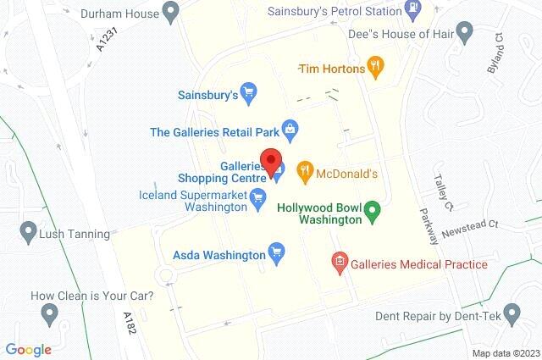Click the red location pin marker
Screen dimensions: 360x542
[x=271, y=162]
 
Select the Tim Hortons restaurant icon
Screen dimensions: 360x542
[x=376, y=67]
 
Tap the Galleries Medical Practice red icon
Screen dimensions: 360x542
[x=340, y=263]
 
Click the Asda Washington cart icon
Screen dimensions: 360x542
[x=275, y=252]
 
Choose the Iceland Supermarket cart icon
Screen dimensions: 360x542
[x=259, y=197]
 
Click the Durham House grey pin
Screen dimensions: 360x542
[x=171, y=13]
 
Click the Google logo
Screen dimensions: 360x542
[x=28, y=349]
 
